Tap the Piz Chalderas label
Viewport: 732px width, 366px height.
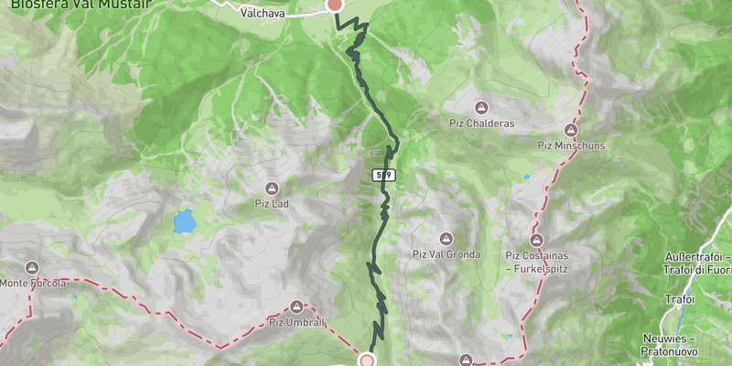point(481,124)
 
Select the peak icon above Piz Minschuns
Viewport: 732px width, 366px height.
point(572,130)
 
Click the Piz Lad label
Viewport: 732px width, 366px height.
point(272,204)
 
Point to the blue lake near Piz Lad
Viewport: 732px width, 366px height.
point(185,221)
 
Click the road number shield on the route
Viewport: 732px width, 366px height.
point(384,174)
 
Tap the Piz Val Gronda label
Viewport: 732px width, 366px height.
point(446,254)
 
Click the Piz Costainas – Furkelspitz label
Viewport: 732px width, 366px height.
point(537,262)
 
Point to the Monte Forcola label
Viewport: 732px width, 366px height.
point(33,284)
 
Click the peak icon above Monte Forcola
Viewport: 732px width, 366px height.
point(33,268)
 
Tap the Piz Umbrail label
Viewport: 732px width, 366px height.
point(296,322)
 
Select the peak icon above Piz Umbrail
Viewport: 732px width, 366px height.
point(296,307)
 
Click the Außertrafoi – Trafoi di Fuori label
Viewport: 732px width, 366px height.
point(695,263)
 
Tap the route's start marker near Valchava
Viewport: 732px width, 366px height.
point(335,5)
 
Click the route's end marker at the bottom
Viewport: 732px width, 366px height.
point(367,360)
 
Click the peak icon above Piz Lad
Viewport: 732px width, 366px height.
point(272,188)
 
